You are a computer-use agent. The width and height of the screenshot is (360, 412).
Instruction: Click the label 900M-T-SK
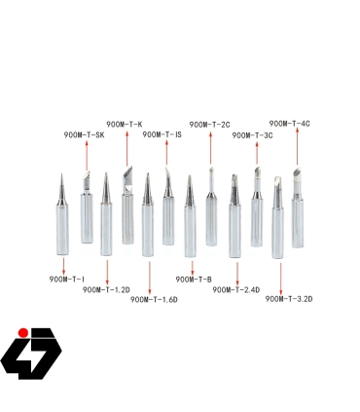click(84, 134)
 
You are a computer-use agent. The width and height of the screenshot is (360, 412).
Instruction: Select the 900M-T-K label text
click(125, 124)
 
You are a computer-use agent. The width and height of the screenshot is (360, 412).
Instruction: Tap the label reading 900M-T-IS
click(162, 134)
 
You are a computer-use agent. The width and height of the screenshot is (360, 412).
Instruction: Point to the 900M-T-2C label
click(210, 124)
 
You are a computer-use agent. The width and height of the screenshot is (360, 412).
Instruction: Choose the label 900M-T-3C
click(252, 135)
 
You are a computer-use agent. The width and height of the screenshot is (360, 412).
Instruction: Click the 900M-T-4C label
click(289, 124)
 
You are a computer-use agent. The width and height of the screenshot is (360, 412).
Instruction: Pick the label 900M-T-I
click(67, 280)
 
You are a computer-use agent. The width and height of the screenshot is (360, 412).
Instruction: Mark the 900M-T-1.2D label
click(107, 289)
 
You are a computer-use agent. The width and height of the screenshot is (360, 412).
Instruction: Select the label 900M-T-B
click(193, 280)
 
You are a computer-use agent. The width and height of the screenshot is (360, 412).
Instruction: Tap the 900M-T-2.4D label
click(236, 289)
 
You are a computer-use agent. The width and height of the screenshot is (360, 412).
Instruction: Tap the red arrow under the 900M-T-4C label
click(296, 147)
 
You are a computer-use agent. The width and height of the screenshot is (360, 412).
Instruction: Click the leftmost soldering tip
click(61, 214)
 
